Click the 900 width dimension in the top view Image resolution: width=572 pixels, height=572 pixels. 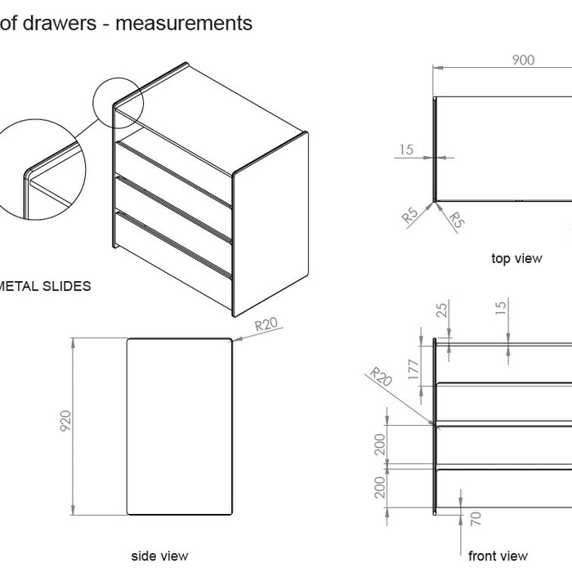[x=523, y=60]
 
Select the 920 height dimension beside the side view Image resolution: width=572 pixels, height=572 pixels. [x=66, y=420]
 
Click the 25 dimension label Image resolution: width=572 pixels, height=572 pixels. [x=442, y=310]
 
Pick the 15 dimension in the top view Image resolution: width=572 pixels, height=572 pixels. [x=406, y=149]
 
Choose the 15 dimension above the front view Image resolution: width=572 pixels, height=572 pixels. [x=501, y=306]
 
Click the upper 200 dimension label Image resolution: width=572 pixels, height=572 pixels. [x=379, y=445]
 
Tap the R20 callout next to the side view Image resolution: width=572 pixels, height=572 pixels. [x=266, y=324]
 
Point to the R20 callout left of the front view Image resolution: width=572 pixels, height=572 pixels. [x=381, y=378]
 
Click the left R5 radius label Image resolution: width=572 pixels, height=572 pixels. [x=411, y=217]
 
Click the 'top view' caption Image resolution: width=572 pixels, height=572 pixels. [x=516, y=258]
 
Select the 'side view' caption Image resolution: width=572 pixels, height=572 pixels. [x=160, y=556]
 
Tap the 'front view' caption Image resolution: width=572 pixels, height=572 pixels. [x=498, y=556]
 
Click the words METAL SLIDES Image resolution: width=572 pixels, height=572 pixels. [x=44, y=286]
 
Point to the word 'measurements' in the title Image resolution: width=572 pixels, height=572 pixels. [x=184, y=23]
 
